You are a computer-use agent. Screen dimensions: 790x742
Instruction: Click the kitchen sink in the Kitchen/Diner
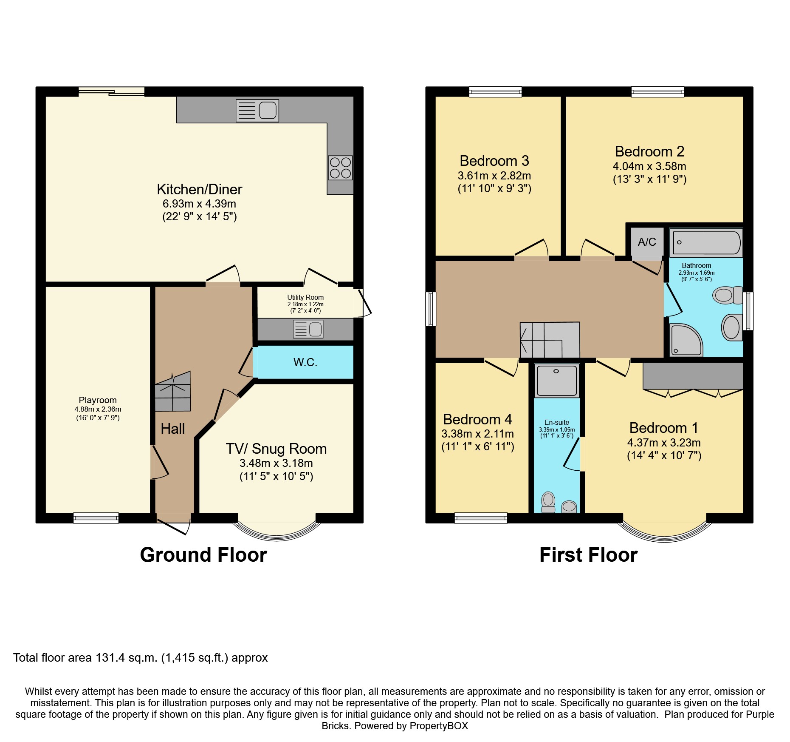pyautogui.click(x=257, y=111)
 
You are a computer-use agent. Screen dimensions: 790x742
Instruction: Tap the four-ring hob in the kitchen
pyautogui.click(x=340, y=168)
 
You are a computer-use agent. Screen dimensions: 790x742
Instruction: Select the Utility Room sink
pyautogui.click(x=308, y=329)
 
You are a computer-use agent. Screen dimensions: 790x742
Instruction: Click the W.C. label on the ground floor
pyautogui.click(x=305, y=362)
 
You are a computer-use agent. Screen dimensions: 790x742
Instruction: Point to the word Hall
pyautogui.click(x=173, y=429)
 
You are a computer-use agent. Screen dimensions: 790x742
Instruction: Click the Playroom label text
pyautogui.click(x=98, y=400)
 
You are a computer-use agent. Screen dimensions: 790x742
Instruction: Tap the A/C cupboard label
pyautogui.click(x=647, y=242)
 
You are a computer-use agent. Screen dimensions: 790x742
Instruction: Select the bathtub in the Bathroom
pyautogui.click(x=706, y=242)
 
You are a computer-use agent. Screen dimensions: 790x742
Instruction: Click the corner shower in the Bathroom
pyautogui.click(x=686, y=340)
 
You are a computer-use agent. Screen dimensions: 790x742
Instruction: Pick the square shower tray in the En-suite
pyautogui.click(x=556, y=381)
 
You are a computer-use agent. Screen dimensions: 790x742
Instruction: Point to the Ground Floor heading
pyautogui.click(x=203, y=555)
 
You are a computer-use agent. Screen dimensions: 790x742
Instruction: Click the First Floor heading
pyautogui.click(x=589, y=555)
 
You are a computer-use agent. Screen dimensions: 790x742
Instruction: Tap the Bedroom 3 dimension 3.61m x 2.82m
pyautogui.click(x=494, y=176)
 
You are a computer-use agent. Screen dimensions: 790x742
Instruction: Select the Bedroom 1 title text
pyautogui.click(x=664, y=428)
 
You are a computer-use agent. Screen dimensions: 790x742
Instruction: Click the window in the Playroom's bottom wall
pyautogui.click(x=96, y=517)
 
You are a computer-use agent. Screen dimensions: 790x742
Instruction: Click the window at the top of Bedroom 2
pyautogui.click(x=657, y=92)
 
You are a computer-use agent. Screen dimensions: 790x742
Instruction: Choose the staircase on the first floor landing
pyautogui.click(x=550, y=340)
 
